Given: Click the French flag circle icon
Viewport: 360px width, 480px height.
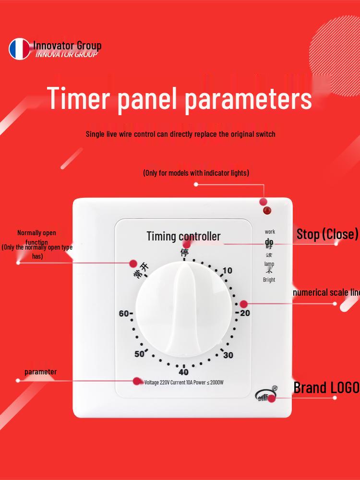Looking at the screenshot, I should (19, 49).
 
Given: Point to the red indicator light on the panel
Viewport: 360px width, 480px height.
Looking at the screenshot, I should (265, 210).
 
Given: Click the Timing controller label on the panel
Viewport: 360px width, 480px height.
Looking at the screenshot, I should (183, 236).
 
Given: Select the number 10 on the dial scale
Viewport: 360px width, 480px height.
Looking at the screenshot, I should (227, 271).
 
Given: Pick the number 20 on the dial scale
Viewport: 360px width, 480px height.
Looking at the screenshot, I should (245, 313).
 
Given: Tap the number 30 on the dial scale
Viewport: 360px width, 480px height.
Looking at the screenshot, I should (228, 355).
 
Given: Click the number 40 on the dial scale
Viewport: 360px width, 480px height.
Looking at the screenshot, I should (183, 372).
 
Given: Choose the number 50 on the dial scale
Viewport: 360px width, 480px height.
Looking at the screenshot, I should (140, 354).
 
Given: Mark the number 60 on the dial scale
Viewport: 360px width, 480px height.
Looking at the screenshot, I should (124, 313).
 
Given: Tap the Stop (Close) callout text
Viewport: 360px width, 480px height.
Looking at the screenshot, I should (327, 234).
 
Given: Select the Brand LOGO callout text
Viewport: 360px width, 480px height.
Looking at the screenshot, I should (326, 387).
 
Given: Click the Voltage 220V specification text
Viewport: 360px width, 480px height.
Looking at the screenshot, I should (184, 383).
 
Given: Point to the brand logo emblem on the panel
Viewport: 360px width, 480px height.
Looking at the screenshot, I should (266, 395).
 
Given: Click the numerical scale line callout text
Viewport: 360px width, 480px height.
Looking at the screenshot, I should (326, 292).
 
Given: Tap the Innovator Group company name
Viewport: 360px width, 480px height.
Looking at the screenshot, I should (67, 46).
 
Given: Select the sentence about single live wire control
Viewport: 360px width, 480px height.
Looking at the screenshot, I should (180, 134).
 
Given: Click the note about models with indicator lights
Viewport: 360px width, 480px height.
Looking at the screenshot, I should (196, 173).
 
